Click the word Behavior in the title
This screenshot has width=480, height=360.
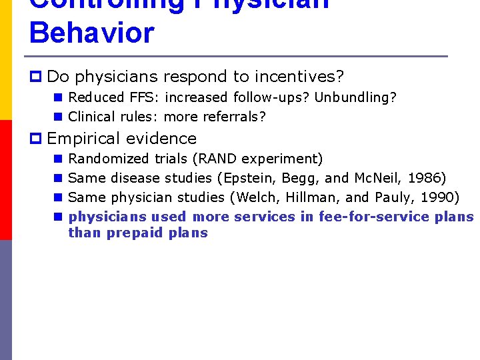(x=92, y=33)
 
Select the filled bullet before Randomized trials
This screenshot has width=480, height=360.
(x=58, y=159)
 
